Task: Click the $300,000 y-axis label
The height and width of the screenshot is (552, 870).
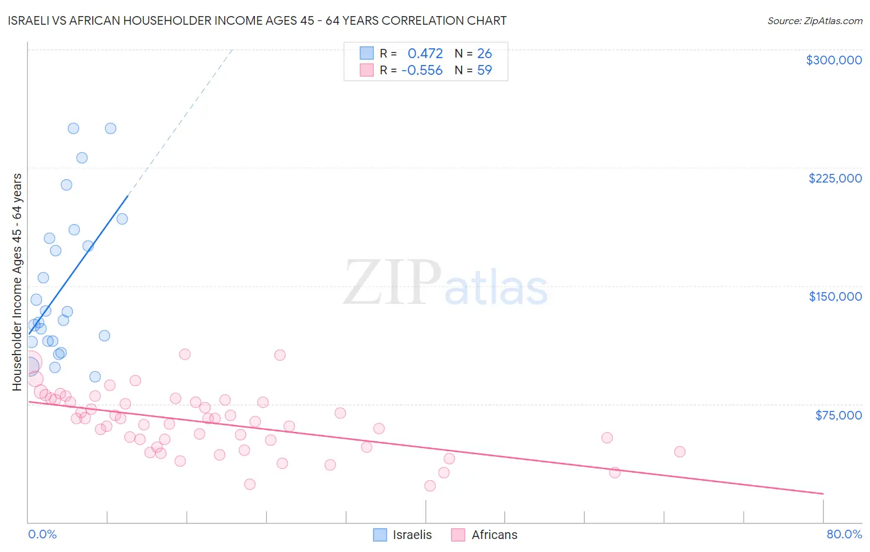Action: point(833,60)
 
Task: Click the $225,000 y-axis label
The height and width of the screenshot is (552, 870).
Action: point(835,178)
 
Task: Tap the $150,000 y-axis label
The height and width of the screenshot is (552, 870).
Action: point(835,296)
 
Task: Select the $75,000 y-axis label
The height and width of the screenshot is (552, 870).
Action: point(838,415)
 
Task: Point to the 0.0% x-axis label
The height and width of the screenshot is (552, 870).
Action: point(42,534)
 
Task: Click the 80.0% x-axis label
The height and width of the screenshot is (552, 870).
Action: point(844,534)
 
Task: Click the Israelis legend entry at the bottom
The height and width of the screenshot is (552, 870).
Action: point(411,535)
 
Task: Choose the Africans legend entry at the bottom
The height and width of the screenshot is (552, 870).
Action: point(494,535)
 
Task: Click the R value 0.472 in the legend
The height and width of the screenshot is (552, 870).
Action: point(425,53)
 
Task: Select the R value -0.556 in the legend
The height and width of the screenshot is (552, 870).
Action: point(422,70)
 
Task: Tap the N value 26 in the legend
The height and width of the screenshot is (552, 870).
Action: point(485,53)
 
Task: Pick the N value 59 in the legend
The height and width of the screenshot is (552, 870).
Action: point(485,70)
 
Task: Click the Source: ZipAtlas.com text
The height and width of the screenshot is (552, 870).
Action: point(814,21)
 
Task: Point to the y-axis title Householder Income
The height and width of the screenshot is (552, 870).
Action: point(17,282)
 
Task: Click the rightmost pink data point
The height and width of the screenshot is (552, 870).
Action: point(679,452)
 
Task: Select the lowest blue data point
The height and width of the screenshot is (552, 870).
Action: point(95,377)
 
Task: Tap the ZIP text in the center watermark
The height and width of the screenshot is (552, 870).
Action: point(392,283)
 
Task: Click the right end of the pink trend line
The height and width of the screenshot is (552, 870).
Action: point(823,493)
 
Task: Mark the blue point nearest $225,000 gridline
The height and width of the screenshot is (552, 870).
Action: point(82,158)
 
